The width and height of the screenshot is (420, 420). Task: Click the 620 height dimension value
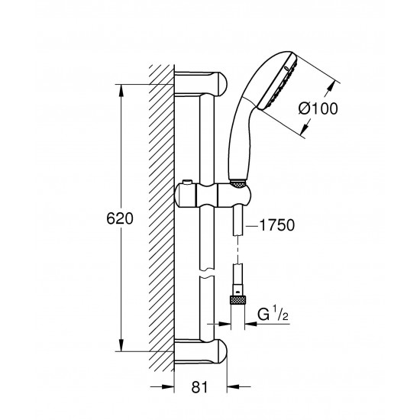pos(119,218)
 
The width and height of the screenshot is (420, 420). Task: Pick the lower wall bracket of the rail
pos(203,351)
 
